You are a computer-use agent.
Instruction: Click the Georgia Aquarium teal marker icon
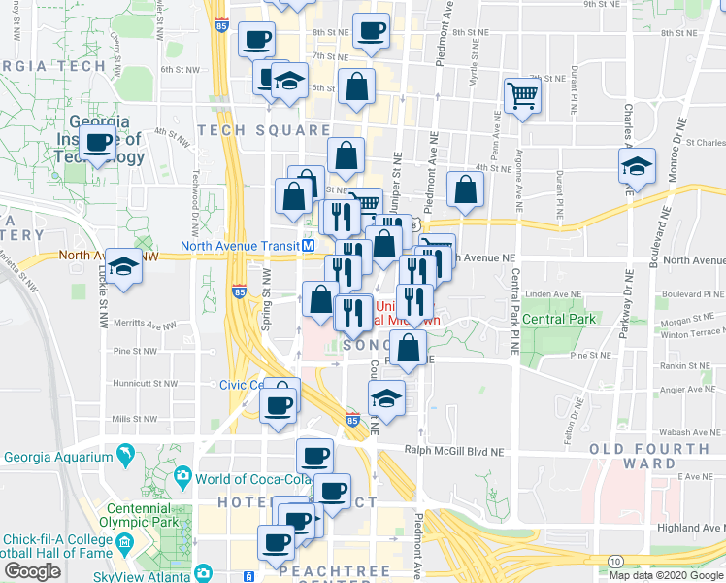point(124,455)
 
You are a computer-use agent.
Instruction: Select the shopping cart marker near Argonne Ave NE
point(522,95)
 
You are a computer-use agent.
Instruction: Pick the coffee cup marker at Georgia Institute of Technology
point(98,143)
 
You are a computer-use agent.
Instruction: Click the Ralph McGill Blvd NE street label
point(455,450)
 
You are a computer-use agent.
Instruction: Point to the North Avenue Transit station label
point(240,246)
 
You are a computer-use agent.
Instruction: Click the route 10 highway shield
point(616,561)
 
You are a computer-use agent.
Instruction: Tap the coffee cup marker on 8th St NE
point(370,32)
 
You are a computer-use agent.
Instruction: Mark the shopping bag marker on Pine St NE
point(409,347)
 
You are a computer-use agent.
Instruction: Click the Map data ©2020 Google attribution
point(668,574)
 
